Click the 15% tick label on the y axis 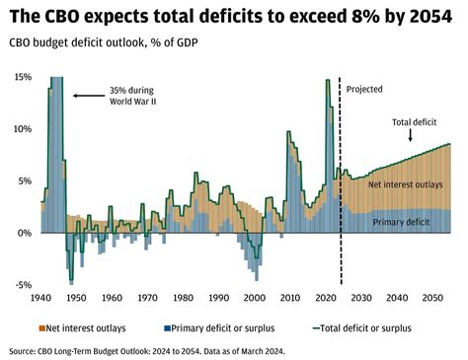pos(20,77)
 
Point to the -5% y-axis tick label pos(20,284)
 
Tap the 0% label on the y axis pos(23,233)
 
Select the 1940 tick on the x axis pos(41,297)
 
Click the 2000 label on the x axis pos(254,297)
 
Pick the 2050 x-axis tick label pos(431,297)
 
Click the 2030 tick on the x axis pos(360,297)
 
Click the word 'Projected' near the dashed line pos(364,89)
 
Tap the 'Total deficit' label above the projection pos(416,123)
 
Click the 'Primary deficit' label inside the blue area pos(404,223)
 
